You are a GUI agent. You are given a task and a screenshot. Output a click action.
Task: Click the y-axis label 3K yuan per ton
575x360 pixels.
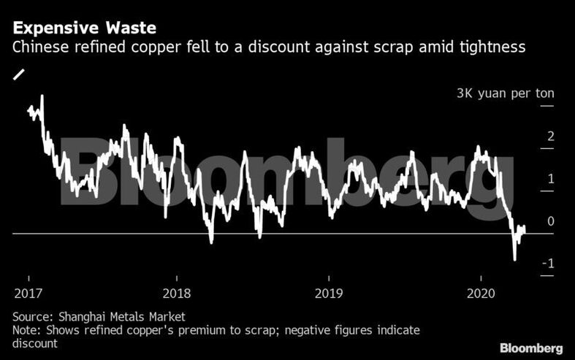[505, 93]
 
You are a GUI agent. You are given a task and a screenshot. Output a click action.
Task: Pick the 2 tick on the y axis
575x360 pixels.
[551, 137]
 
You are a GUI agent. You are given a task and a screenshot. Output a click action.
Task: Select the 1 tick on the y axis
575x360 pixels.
[551, 179]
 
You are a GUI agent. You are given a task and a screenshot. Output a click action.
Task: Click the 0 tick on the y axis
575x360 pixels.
[551, 221]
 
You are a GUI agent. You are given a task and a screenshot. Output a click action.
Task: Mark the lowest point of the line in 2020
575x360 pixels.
[514, 259]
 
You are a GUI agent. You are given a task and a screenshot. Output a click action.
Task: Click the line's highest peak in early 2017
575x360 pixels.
[42, 96]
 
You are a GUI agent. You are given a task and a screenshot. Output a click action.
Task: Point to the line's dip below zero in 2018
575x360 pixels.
[210, 242]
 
